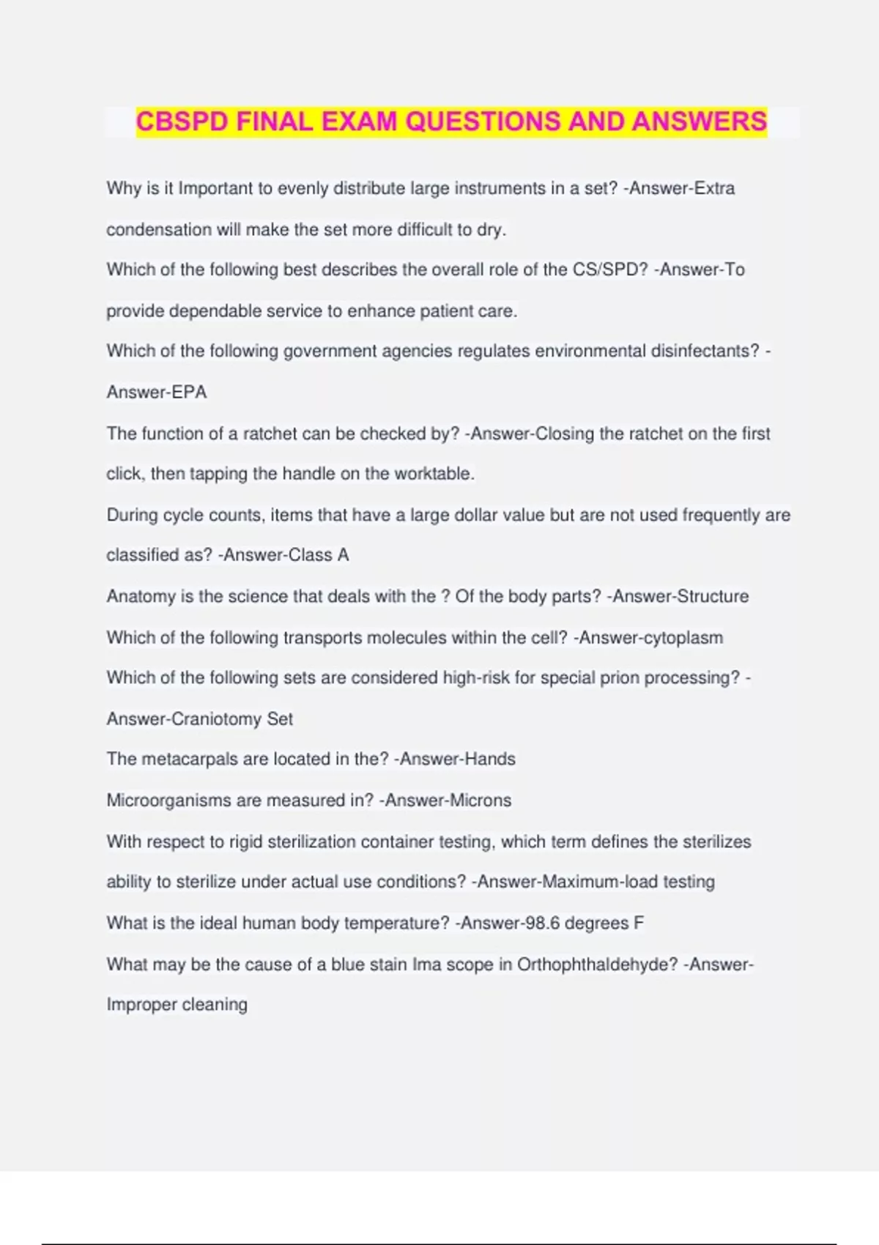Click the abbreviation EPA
188,393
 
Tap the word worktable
434,474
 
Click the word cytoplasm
683,638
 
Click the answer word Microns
480,800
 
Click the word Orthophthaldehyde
597,965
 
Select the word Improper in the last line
141,1005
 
